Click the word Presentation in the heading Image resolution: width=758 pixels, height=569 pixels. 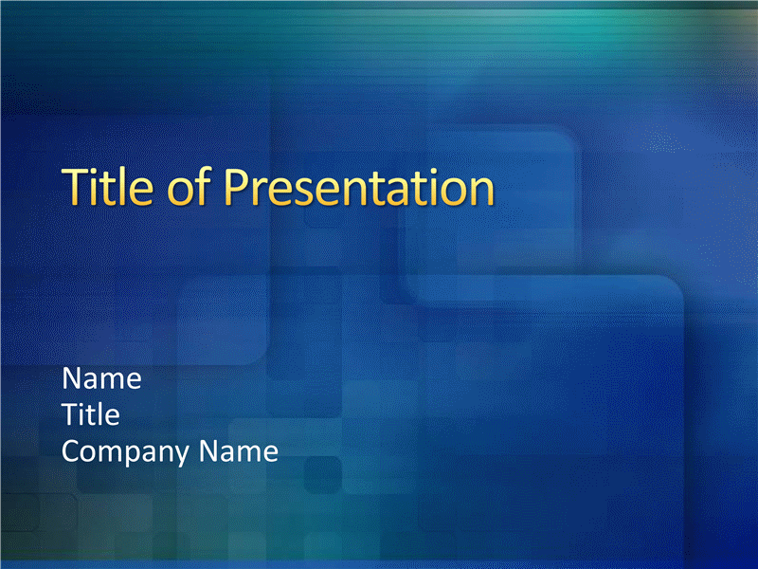pos(359,187)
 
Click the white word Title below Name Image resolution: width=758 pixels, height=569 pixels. pos(91,414)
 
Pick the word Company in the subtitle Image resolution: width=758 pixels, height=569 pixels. pos(125,452)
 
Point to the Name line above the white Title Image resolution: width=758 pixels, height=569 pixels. pos(102,377)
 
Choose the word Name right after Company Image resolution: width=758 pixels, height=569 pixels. pos(239,451)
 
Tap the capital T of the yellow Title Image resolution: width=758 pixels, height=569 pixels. pos(77,187)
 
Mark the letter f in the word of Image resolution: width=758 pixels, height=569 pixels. pos(204,186)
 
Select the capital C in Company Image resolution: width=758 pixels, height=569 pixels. pos(72,451)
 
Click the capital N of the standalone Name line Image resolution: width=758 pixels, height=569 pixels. pos(73,377)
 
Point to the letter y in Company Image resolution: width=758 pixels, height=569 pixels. pos(181,455)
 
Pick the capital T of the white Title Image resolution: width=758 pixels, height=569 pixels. pos(71,414)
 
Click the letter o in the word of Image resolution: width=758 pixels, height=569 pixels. pos(180,193)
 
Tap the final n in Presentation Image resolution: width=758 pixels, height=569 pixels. pos(482,193)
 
